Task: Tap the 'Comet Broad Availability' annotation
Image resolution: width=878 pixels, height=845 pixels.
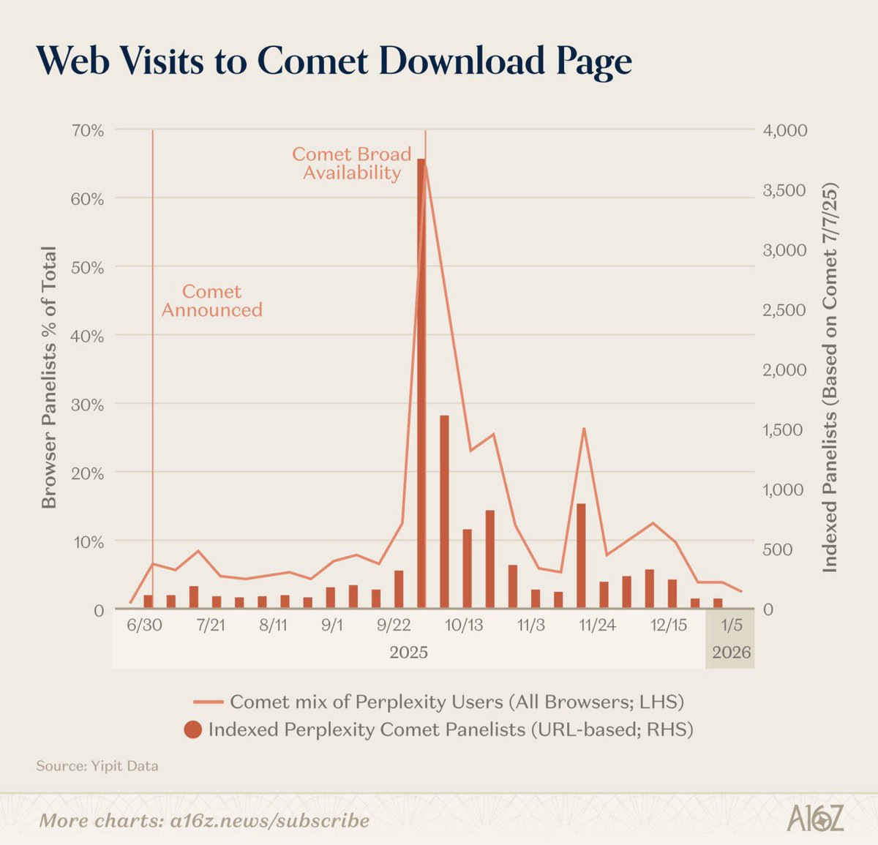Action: pyautogui.click(x=351, y=164)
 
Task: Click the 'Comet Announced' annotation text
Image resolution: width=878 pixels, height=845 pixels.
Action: pyautogui.click(x=211, y=301)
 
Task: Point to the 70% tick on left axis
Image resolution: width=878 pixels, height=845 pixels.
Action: pyautogui.click(x=88, y=130)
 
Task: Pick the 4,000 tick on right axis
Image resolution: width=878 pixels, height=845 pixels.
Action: pyautogui.click(x=785, y=130)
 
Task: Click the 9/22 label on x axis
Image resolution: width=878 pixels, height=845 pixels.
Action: pyautogui.click(x=394, y=626)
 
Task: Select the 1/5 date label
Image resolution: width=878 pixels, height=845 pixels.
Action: pyautogui.click(x=732, y=626)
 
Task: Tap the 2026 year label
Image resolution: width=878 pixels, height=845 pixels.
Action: pyautogui.click(x=731, y=653)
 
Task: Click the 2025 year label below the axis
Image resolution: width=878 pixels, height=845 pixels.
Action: pyautogui.click(x=408, y=653)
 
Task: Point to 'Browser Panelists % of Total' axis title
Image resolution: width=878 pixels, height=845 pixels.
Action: pyautogui.click(x=48, y=378)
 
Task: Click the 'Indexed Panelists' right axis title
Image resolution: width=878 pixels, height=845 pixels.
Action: pyautogui.click(x=829, y=378)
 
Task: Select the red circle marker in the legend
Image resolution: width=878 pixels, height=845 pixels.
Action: pyautogui.click(x=192, y=729)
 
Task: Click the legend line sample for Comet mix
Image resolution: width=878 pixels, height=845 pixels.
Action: pyautogui.click(x=208, y=702)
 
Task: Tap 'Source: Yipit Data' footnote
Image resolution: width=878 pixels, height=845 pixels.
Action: pyautogui.click(x=97, y=766)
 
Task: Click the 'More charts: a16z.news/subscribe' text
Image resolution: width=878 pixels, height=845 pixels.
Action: pyautogui.click(x=204, y=820)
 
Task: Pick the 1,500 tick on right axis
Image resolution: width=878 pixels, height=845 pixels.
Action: pyautogui.click(x=784, y=429)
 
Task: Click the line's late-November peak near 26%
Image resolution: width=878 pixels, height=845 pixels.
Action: pyautogui.click(x=583, y=428)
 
